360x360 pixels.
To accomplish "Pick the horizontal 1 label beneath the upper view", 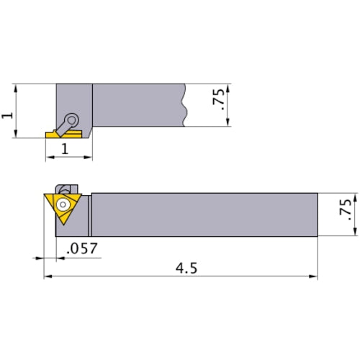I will coord(66,149).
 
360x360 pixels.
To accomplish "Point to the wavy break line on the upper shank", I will coord(186,105).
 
